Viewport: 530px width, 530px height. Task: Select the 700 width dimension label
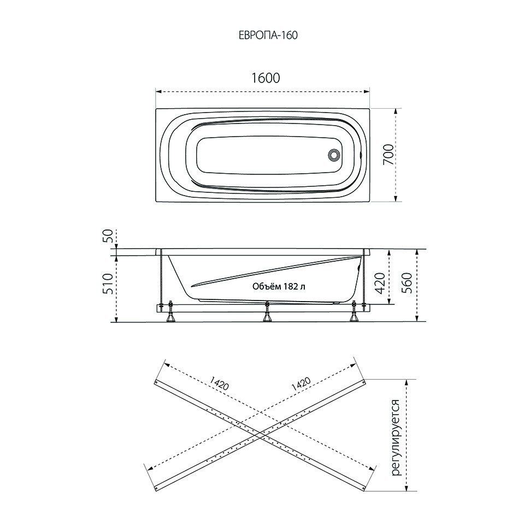(x=387, y=155)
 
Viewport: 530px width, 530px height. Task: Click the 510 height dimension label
(x=108, y=284)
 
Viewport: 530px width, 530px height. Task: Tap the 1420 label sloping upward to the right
(x=301, y=384)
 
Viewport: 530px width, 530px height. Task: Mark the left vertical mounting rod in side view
(x=162, y=279)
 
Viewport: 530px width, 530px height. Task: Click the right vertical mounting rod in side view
(x=363, y=279)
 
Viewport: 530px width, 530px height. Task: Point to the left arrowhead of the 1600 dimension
(x=158, y=91)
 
